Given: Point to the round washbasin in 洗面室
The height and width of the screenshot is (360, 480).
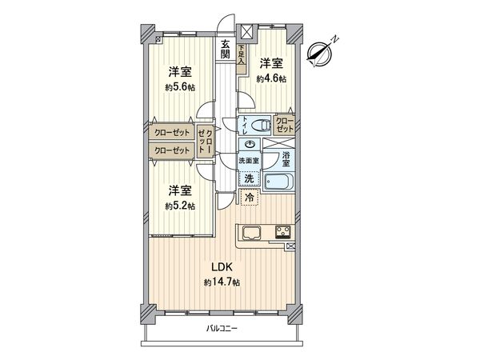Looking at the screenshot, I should (250, 145).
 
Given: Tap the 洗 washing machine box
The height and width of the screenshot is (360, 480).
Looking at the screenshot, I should (249, 178).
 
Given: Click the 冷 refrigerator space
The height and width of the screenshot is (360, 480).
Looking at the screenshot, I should (250, 196).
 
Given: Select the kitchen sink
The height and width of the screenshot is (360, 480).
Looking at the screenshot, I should (250, 234).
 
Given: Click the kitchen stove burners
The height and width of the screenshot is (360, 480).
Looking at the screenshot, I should (282, 233).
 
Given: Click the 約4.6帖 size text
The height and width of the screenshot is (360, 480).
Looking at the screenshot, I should (271, 78).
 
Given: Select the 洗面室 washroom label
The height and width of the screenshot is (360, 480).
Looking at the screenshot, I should (249, 162).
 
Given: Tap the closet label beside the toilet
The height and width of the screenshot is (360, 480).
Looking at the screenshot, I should (285, 124).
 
